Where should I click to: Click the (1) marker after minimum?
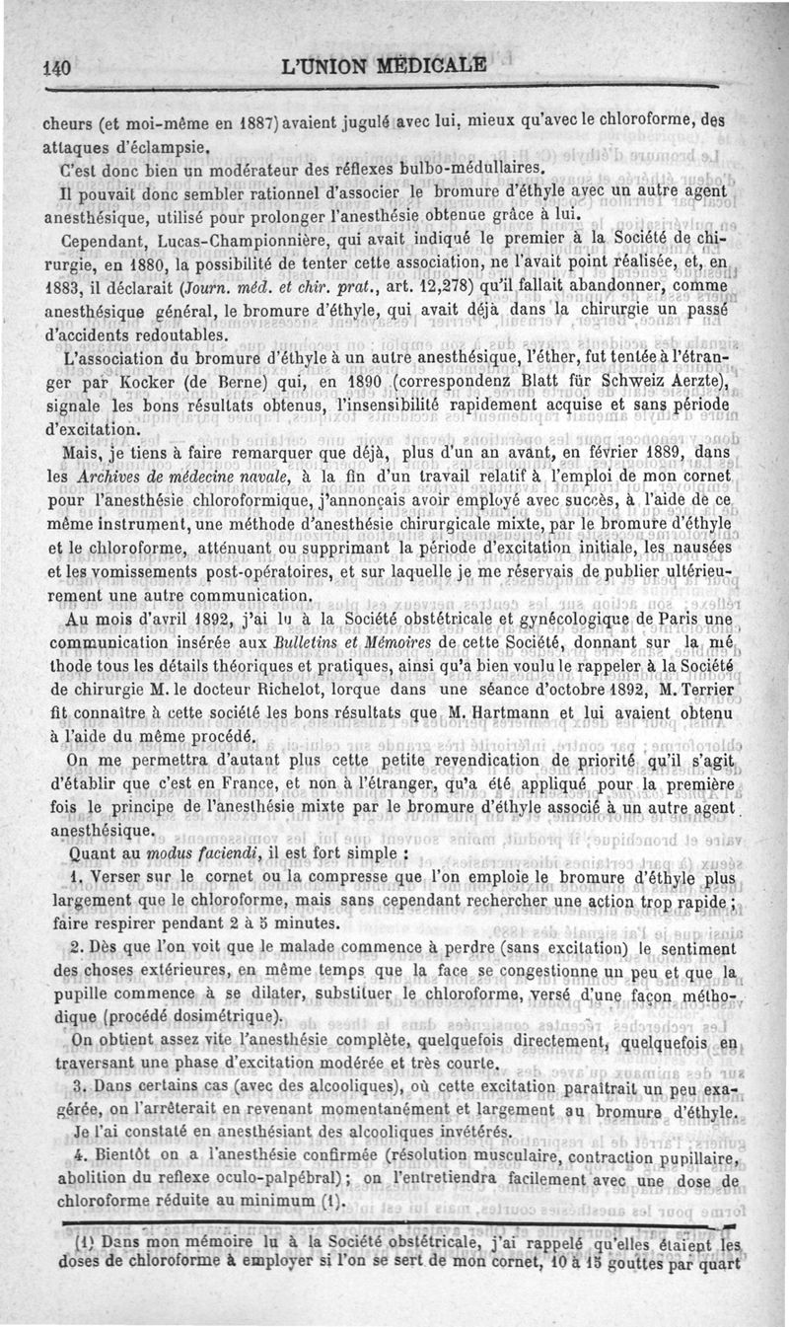[331, 1202]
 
